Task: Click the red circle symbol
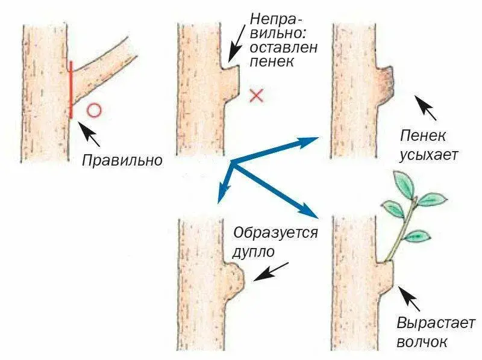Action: click(x=94, y=110)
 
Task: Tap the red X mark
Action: click(x=257, y=95)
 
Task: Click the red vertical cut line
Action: click(x=71, y=89)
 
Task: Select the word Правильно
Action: click(x=122, y=161)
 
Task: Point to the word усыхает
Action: click(x=428, y=155)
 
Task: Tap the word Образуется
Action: click(x=275, y=232)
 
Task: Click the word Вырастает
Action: click(x=436, y=323)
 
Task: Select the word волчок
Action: click(x=422, y=342)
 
